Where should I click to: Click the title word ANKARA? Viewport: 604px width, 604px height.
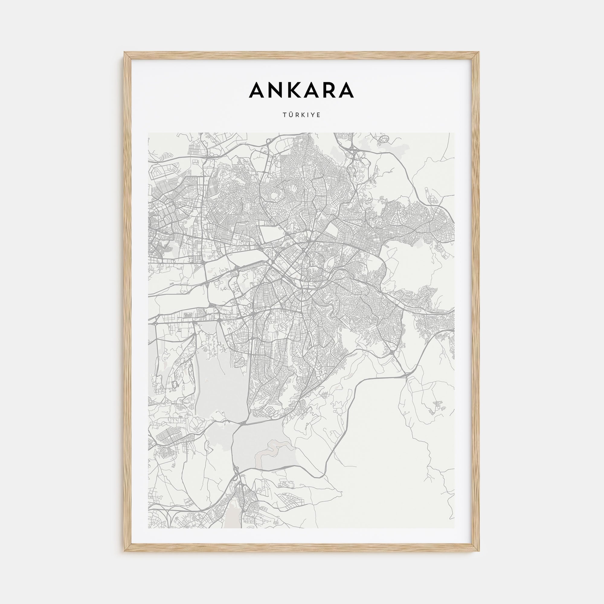coord(302,90)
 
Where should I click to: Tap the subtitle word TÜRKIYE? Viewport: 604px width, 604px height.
coord(302,115)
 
